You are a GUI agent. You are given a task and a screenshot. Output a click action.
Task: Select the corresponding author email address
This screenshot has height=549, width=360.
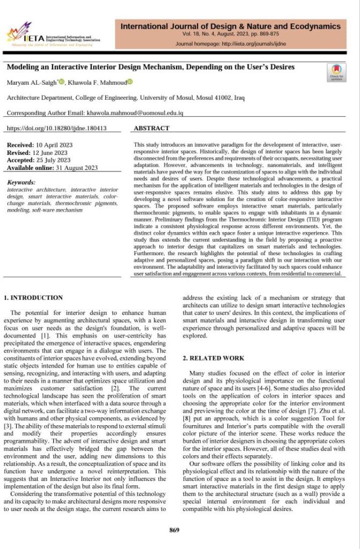pos(135,114)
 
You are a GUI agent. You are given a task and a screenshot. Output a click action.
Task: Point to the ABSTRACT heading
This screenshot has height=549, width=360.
pos(151,129)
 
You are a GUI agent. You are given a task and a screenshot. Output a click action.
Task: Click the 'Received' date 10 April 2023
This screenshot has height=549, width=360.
pos(54,145)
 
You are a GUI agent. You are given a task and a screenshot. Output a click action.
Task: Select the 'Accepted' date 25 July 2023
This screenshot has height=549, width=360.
pos(54,160)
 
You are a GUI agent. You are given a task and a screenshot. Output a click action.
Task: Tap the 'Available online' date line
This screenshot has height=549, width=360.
pos(52,167)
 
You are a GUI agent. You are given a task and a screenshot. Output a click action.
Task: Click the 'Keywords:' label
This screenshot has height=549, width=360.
pos(21,182)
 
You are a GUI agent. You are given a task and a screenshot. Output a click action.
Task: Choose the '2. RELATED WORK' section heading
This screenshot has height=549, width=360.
pos(214,358)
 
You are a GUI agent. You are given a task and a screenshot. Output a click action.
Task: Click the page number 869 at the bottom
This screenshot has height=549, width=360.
pos(174,530)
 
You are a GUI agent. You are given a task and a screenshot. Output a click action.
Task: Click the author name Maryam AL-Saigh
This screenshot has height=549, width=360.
pos(28,83)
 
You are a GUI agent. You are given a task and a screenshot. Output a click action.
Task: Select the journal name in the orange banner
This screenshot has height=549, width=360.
pos(231,26)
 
